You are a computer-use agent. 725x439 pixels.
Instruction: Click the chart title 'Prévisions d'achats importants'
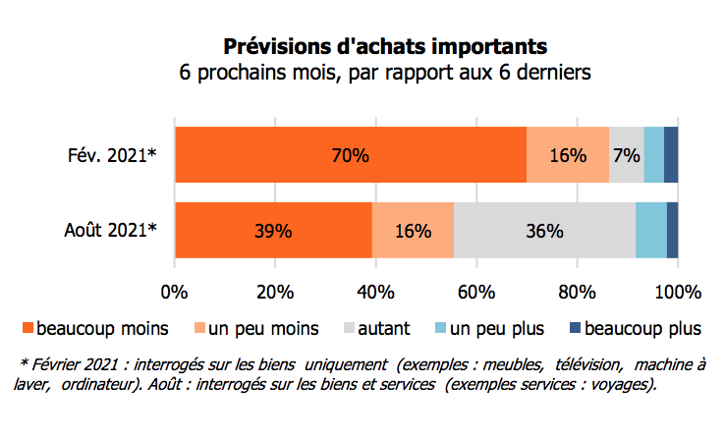(x=384, y=46)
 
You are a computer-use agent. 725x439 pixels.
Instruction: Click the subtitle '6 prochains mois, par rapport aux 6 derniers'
(x=384, y=73)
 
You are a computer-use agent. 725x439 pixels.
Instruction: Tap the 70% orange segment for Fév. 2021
(x=350, y=154)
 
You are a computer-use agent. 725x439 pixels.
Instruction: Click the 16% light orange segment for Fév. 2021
(x=568, y=154)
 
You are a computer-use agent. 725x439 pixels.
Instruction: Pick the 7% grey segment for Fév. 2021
(x=627, y=154)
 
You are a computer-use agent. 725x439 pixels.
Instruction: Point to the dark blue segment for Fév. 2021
(x=671, y=154)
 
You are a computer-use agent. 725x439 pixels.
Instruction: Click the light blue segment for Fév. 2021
(x=654, y=154)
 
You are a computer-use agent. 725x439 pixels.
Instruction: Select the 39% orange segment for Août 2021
(x=273, y=231)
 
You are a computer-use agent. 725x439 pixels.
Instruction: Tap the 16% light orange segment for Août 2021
(x=413, y=231)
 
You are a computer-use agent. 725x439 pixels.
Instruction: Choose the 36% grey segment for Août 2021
(x=544, y=231)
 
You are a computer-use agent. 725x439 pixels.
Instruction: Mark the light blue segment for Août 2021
(x=651, y=231)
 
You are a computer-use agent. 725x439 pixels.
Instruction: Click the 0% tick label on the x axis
(x=174, y=292)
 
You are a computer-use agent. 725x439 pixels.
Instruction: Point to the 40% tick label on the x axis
(x=375, y=292)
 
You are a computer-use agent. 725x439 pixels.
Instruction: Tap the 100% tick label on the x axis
(x=677, y=292)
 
